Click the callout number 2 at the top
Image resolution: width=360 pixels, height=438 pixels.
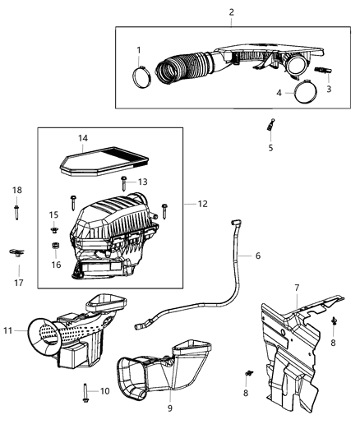coord(231,12)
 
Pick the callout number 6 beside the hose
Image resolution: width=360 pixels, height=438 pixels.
coord(257,256)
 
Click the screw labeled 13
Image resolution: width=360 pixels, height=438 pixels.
coord(123,182)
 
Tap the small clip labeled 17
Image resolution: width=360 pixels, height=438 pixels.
coord(15,253)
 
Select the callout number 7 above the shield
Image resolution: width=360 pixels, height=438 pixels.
coord(297,288)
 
